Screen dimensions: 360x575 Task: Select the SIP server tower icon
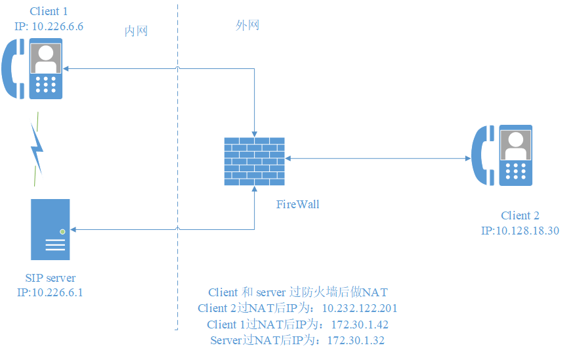tap(50, 229)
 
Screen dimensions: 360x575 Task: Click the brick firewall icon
tap(254, 160)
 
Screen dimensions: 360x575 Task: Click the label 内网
tap(136, 32)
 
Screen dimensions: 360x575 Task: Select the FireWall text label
tap(297, 204)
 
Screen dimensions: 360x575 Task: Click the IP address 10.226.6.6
tap(57, 26)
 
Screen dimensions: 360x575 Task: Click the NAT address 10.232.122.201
tap(359, 308)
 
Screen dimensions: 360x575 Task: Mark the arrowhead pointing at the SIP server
tap(74, 229)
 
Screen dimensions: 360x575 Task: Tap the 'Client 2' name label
tap(520, 216)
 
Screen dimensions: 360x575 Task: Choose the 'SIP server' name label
tap(50, 279)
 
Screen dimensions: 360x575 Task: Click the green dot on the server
tap(62, 231)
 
